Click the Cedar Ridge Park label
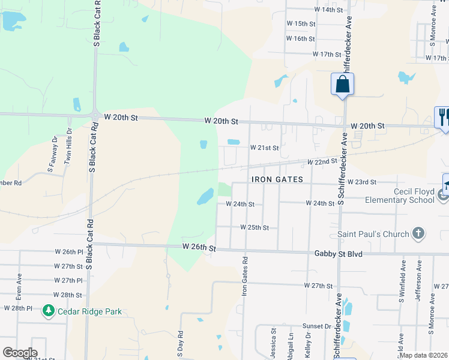pyautogui.click(x=89, y=311)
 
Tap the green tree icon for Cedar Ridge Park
pyautogui.click(x=49, y=311)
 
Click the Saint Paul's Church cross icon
pyautogui.click(x=418, y=233)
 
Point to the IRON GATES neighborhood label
pyautogui.click(x=277, y=179)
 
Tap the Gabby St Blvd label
pyautogui.click(x=339, y=254)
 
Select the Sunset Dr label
pyautogui.click(x=318, y=326)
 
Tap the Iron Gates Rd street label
pyautogui.click(x=244, y=277)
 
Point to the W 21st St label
pyautogui.click(x=265, y=148)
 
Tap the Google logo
pyautogui.click(x=20, y=353)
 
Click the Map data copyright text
pyautogui.click(x=423, y=355)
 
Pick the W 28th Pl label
pyautogui.click(x=17, y=308)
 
